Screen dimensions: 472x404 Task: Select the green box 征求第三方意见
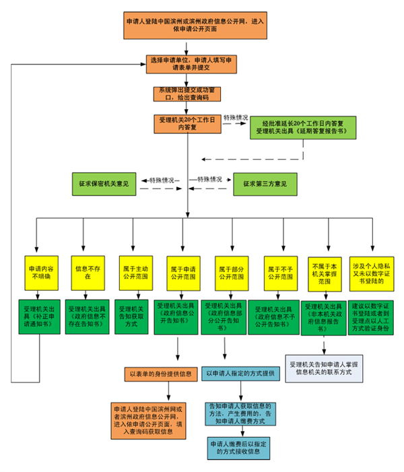pos(265,183)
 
